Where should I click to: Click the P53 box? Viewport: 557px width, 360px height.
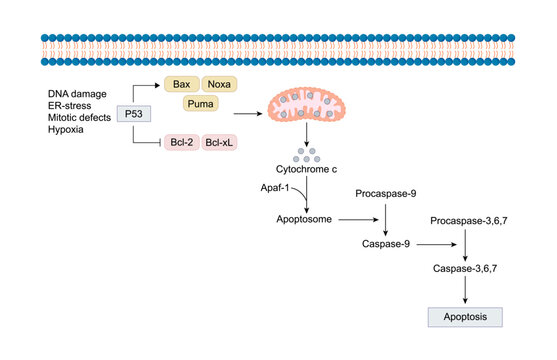(135, 115)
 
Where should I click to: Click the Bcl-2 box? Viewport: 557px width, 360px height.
(181, 143)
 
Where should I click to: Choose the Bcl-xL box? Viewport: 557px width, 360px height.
(220, 143)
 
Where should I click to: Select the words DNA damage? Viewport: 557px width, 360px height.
(76, 93)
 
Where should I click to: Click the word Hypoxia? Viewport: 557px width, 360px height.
(65, 130)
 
